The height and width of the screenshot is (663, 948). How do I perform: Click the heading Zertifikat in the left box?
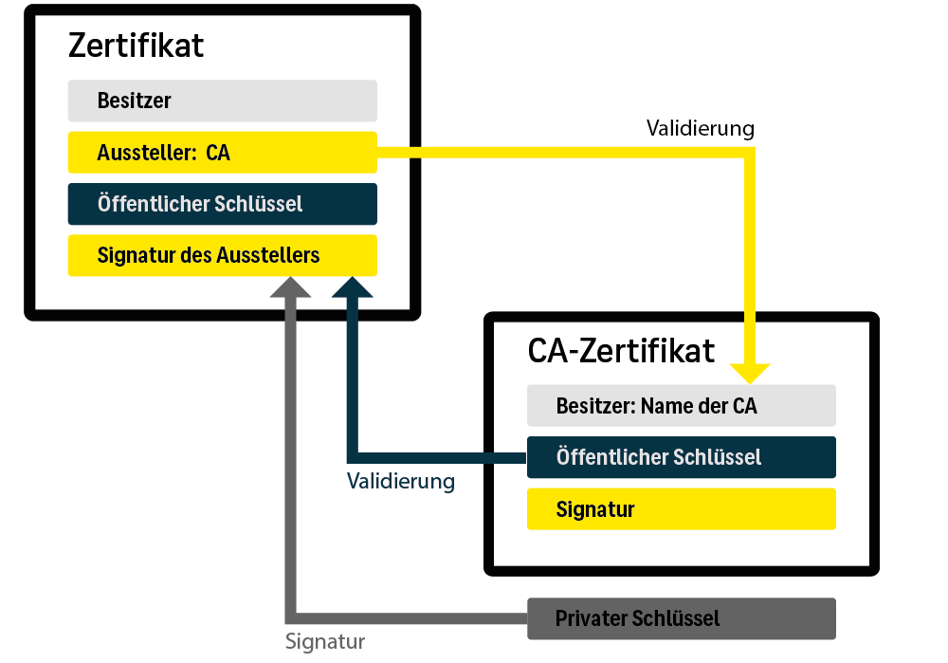point(136,46)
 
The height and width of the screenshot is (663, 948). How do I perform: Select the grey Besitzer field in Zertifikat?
point(222,101)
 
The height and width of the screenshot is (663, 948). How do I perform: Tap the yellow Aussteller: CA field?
point(222,153)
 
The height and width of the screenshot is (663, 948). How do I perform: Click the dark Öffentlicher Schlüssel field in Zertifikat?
point(222,204)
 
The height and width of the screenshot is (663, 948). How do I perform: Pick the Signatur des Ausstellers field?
point(222,255)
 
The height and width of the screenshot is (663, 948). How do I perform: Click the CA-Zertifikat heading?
point(621,351)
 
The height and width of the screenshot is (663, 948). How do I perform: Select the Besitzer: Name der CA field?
point(681,406)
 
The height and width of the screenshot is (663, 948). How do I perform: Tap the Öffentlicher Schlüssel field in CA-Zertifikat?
point(681,457)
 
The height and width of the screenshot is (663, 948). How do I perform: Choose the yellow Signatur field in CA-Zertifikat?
point(681,509)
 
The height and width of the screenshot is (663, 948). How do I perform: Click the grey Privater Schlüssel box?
point(681,618)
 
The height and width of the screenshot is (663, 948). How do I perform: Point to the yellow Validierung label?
point(700,128)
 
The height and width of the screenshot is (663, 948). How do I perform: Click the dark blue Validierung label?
point(400,482)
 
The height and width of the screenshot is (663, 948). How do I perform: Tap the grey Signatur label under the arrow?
point(325,642)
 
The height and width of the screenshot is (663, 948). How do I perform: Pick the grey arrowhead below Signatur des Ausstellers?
point(290,288)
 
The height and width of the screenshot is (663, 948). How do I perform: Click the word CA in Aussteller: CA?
point(217,153)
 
